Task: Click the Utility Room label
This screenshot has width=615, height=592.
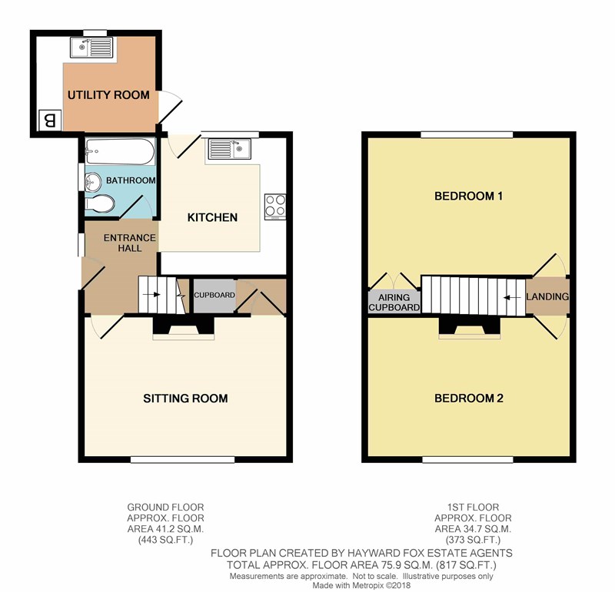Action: pos(108,94)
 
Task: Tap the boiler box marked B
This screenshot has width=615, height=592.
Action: pos(50,121)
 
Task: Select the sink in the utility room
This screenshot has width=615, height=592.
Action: pos(91,48)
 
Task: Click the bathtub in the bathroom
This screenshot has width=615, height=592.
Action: pos(120,151)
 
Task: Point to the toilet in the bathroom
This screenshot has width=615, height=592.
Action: pos(100,203)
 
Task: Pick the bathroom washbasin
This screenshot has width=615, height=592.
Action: pos(93,182)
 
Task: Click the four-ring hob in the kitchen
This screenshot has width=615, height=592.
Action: pos(275,207)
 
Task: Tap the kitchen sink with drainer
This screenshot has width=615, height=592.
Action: pos(229,149)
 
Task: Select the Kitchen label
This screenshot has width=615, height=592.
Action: pos(212,217)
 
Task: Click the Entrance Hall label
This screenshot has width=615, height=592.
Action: pos(130,243)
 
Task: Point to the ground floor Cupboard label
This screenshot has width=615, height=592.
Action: pos(214,295)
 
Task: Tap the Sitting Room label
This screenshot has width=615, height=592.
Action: pos(185,399)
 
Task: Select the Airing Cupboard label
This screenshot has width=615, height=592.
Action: pos(394,303)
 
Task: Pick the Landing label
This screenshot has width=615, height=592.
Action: pos(547,296)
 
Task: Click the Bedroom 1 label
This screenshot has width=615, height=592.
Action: pos(469,196)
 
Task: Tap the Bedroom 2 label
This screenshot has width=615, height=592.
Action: pos(469,399)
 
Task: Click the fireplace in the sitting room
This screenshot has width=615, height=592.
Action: pos(184,327)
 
